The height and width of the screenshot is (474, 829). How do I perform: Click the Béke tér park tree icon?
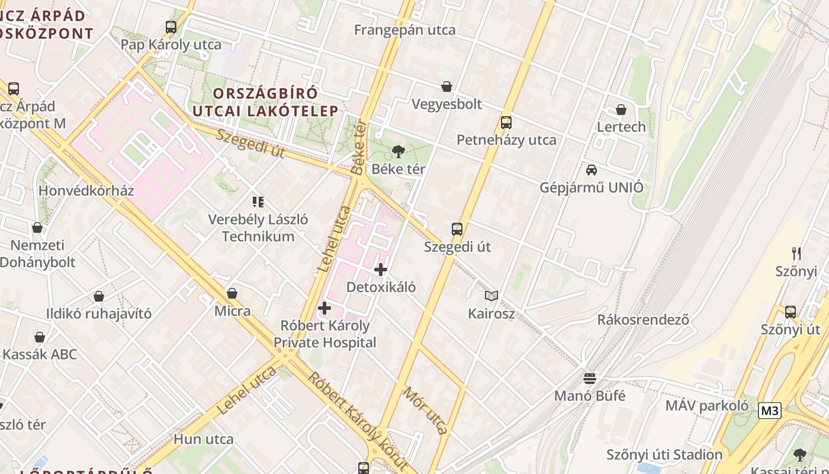click(399, 152)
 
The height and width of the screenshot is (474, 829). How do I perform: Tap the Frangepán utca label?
click(405, 30)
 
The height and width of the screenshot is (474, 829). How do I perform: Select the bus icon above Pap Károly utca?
click(171, 27)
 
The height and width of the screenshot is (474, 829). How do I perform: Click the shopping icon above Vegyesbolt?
click(446, 87)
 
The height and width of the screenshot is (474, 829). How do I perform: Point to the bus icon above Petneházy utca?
click(506, 123)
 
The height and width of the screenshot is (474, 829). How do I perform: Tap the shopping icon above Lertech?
click(621, 110)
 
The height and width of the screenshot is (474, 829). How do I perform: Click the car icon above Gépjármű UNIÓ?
click(591, 170)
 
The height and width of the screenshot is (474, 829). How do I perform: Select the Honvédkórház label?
click(86, 191)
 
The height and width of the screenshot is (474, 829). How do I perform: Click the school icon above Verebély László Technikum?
click(258, 202)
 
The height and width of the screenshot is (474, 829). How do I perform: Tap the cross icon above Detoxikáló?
click(381, 270)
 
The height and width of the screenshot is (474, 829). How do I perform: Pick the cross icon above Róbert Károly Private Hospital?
click(324, 308)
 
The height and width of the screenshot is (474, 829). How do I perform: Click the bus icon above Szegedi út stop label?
click(457, 229)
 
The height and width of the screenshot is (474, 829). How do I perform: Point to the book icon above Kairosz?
click(491, 296)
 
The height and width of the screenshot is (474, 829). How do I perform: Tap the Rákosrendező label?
click(643, 319)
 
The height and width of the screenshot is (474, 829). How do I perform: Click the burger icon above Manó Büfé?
click(589, 378)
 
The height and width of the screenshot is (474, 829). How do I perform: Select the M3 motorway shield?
click(769, 411)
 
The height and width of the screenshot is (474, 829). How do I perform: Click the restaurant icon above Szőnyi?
click(796, 254)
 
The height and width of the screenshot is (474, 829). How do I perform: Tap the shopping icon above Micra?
click(232, 293)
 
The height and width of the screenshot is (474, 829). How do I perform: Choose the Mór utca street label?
click(425, 410)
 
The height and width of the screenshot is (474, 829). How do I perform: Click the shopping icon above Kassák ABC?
click(40, 337)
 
